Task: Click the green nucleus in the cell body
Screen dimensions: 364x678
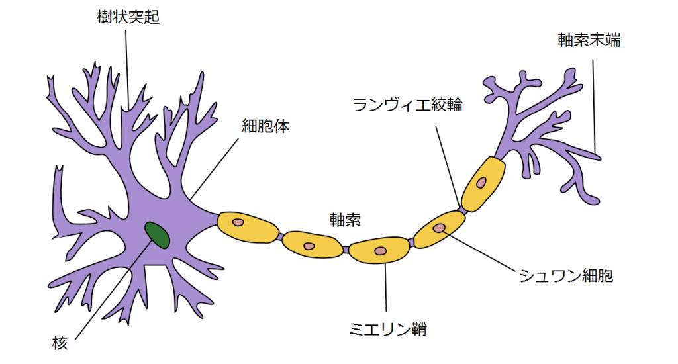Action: (157, 234)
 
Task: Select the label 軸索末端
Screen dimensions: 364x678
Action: (589, 40)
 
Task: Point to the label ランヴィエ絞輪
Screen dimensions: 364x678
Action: (407, 105)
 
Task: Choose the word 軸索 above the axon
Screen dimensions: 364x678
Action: (345, 219)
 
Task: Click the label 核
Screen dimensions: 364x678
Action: (60, 343)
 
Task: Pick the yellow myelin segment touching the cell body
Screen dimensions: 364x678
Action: (248, 227)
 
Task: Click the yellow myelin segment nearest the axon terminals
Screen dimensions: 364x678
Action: (483, 183)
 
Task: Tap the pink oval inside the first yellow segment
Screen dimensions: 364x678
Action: (239, 222)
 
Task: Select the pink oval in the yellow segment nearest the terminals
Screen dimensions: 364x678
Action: (481, 181)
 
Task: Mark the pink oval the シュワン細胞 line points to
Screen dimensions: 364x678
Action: (440, 228)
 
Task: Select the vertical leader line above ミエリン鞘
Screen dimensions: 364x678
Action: (385, 291)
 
